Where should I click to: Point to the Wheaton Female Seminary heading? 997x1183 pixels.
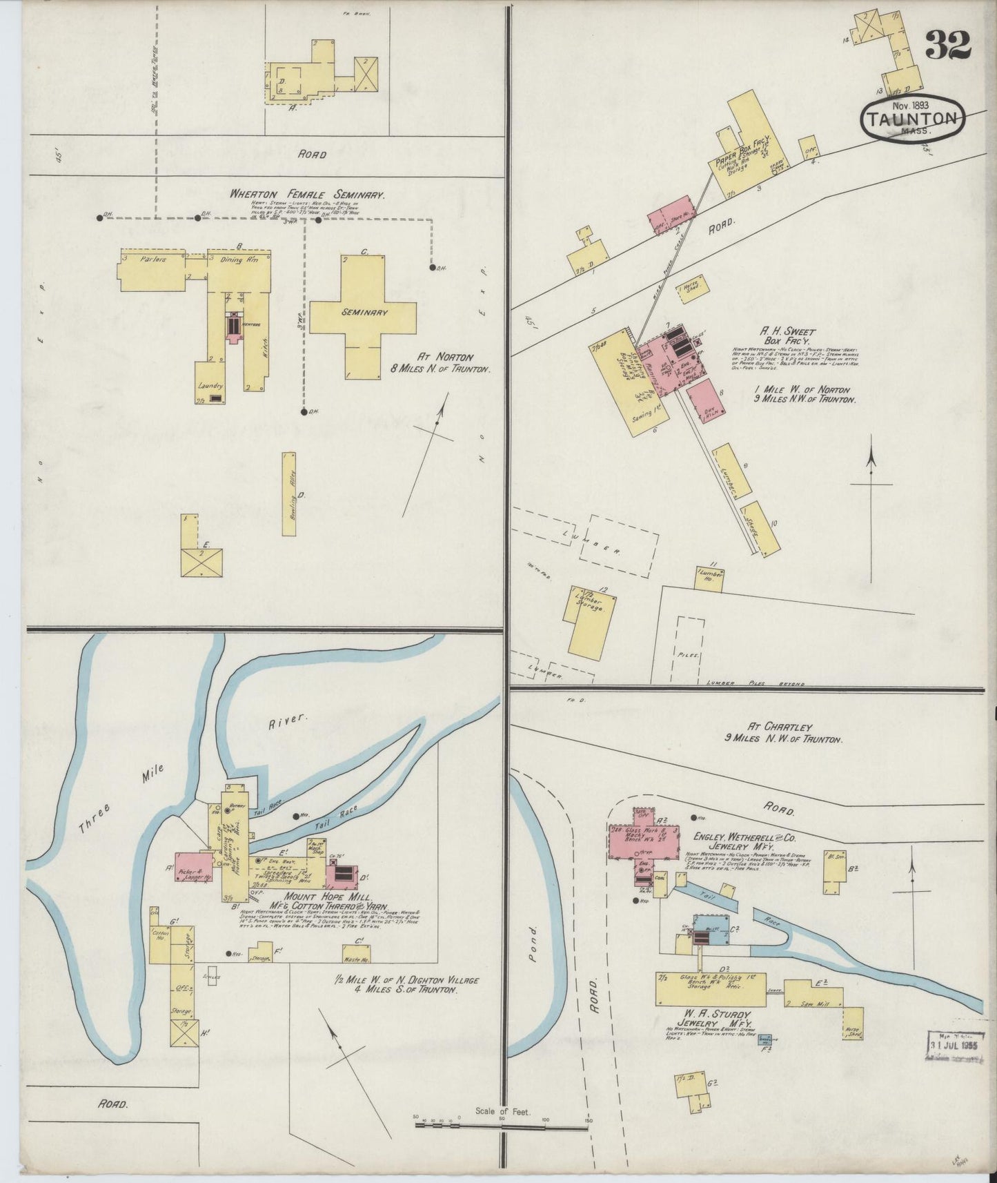pyautogui.click(x=307, y=195)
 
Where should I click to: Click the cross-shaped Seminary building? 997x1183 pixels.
pyautogui.click(x=363, y=312)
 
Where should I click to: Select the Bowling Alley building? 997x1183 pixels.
pyautogui.click(x=288, y=493)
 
